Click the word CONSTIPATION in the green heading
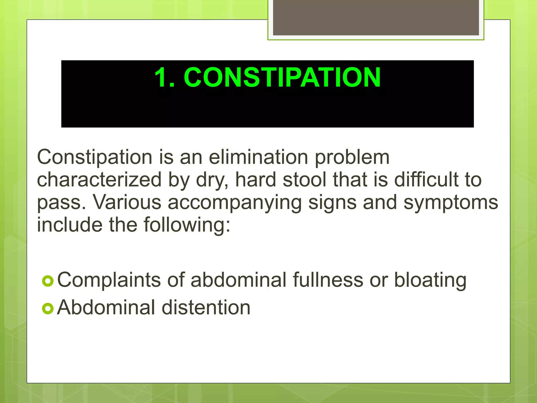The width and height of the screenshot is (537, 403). coord(282,77)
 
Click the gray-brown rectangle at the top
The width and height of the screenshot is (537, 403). coord(376,17)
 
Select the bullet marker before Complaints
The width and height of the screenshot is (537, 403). coord(48,281)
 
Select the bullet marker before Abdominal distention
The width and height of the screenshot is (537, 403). coord(48,309)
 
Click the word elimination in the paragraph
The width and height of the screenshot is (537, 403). coord(258,157)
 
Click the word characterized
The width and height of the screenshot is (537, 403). coord(99,180)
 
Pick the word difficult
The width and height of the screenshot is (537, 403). coord(426,180)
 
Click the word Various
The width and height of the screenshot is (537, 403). coord(127,203)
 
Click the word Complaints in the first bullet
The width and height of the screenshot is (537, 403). coord(109,280)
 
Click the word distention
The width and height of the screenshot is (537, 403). coord(206,308)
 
